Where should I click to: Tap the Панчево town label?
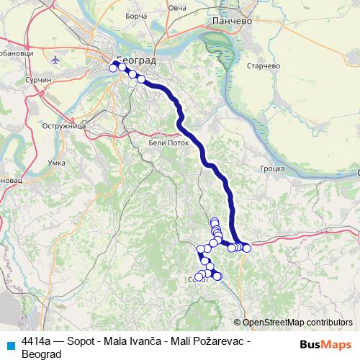pos(230,22)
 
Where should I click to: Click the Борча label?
pos(135,13)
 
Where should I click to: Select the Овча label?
pos(177,8)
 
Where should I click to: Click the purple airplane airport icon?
pos(57,79)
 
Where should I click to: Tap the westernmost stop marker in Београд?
pos(113,68)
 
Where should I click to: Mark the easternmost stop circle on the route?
pos(247,248)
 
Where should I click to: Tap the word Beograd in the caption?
pos(42,354)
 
